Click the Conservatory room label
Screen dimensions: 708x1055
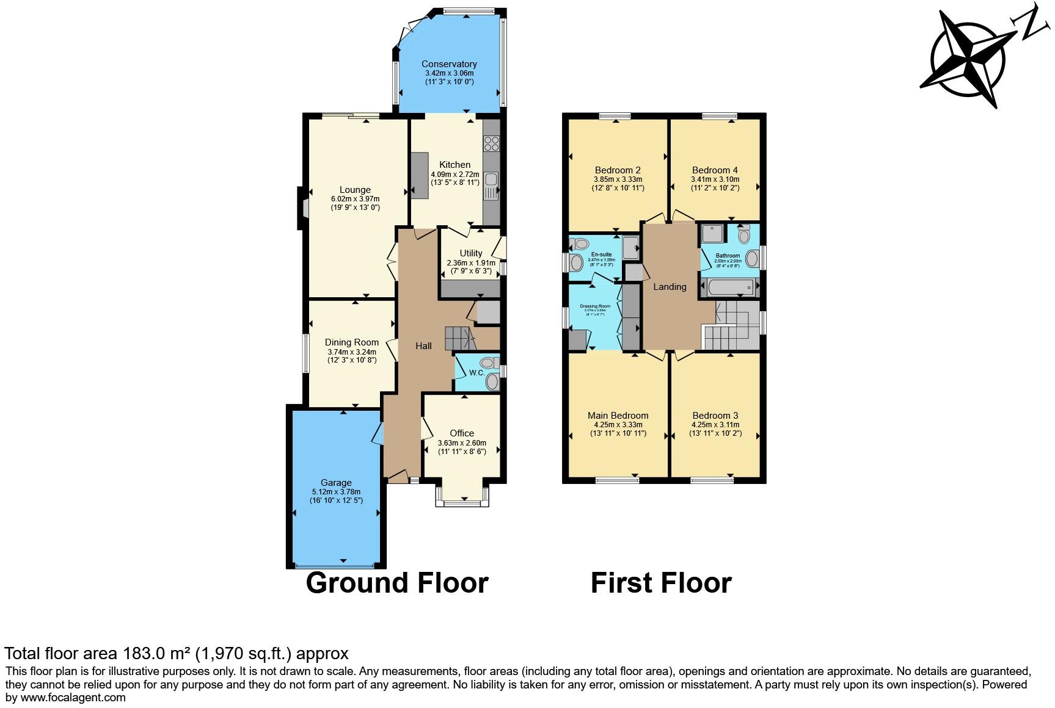[449, 64]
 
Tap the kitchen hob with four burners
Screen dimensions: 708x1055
[491, 143]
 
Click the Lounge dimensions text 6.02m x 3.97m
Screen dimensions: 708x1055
[355, 199]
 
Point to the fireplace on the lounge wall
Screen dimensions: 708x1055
[302, 202]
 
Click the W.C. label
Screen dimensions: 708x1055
[477, 373]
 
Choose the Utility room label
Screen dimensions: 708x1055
[471, 253]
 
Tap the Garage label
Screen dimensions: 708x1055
[336, 483]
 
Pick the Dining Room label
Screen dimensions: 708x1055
[352, 342]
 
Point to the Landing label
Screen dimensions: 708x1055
[670, 287]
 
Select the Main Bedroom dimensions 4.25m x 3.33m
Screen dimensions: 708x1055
[618, 425]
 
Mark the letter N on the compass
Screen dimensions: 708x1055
[1031, 23]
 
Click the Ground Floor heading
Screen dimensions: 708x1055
[397, 583]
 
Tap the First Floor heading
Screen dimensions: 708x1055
[661, 583]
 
